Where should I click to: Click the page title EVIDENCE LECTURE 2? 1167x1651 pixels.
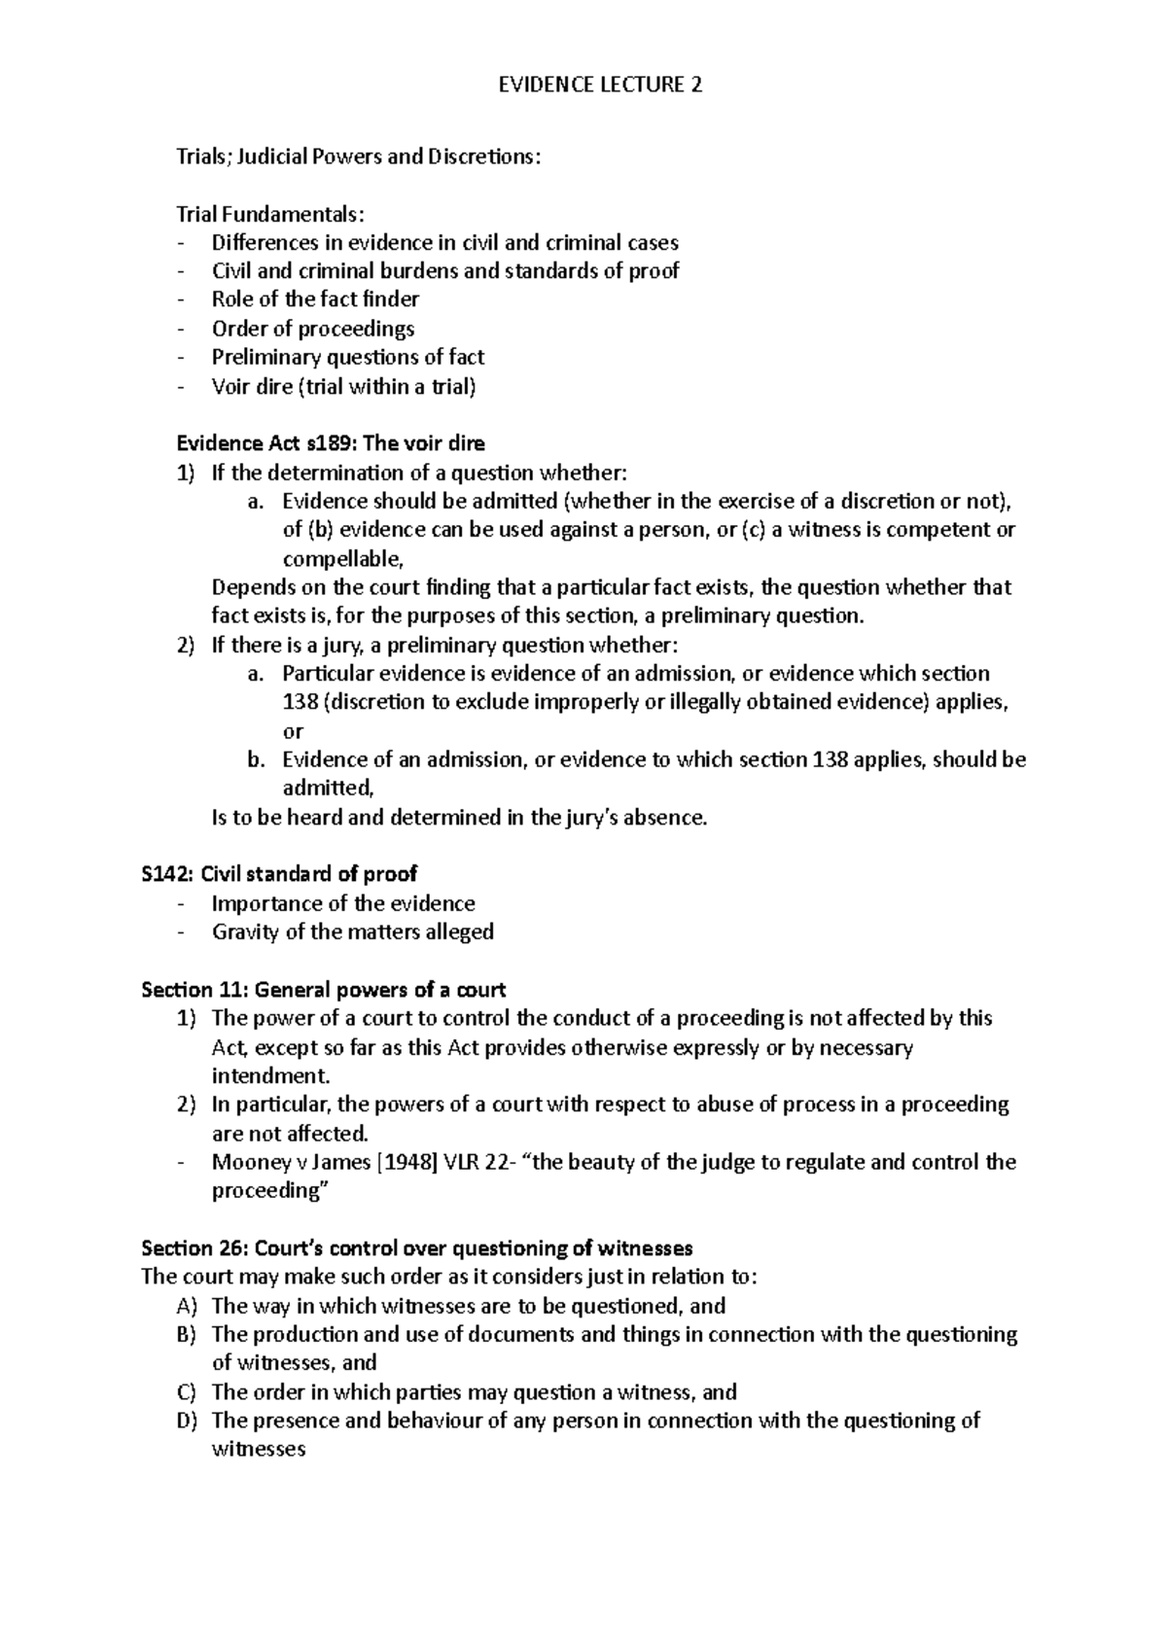click(x=600, y=86)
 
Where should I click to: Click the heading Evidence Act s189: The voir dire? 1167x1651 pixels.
click(x=330, y=443)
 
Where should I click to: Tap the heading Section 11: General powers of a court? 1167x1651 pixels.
click(x=323, y=990)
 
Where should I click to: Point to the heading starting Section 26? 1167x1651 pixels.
click(x=416, y=1247)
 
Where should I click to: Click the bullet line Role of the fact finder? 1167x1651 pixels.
click(x=315, y=299)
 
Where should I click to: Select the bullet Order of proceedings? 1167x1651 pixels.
click(x=313, y=329)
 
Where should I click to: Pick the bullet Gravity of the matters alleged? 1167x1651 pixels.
click(x=352, y=931)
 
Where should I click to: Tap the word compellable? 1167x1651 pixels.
click(x=340, y=559)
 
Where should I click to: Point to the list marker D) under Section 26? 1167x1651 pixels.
click(x=187, y=1421)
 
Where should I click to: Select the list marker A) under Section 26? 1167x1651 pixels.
click(x=187, y=1306)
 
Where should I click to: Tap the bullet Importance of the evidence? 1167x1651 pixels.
click(x=343, y=903)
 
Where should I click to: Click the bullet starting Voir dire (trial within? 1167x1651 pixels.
click(x=344, y=386)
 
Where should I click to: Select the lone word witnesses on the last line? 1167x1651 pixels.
click(x=258, y=1450)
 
